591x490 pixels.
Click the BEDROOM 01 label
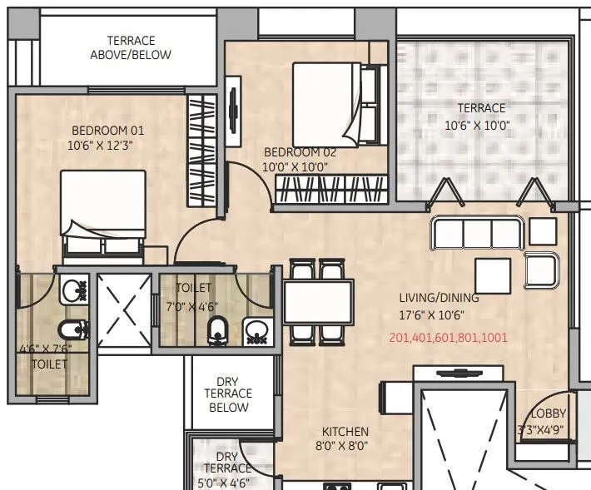coord(107,130)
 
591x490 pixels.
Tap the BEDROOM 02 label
coord(300,152)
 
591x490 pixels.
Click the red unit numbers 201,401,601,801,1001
coord(448,338)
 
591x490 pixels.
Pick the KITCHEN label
coord(345,431)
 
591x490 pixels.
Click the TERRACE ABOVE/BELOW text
coord(131,47)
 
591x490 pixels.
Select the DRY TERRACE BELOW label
coord(228,393)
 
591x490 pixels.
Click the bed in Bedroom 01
coord(102,212)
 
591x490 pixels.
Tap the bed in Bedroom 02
coord(337,104)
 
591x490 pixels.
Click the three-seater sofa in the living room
coord(476,233)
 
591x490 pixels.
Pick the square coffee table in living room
coord(493,274)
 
